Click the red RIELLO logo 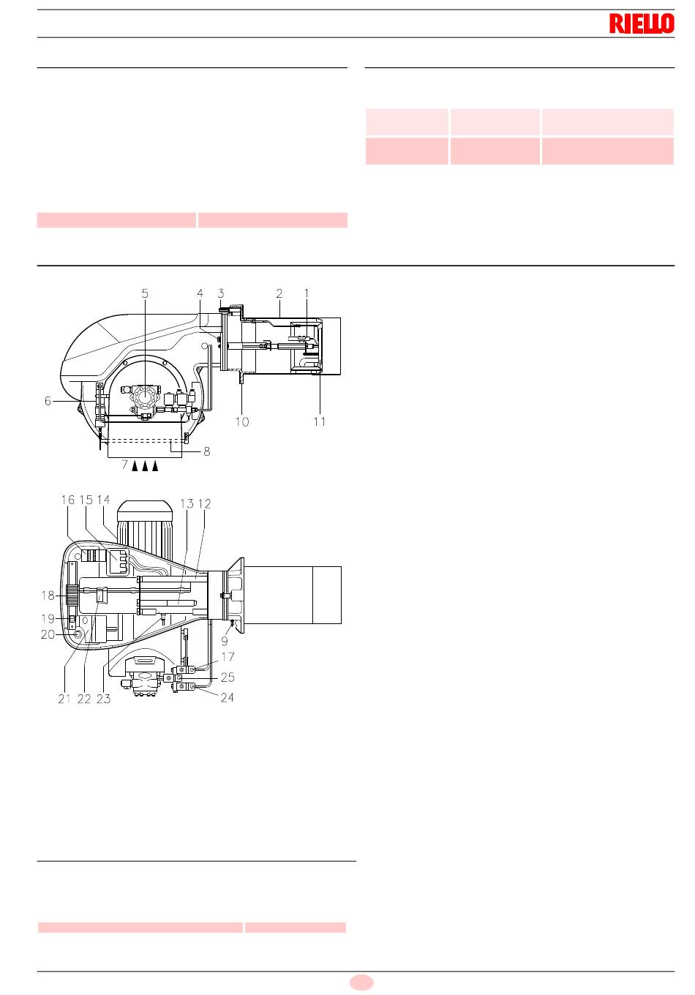click(x=642, y=23)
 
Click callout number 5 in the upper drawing click(x=145, y=293)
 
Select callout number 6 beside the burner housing click(x=48, y=401)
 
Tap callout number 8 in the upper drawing click(x=206, y=451)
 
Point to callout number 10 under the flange click(x=242, y=421)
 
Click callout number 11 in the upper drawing click(x=320, y=421)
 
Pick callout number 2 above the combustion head click(x=279, y=293)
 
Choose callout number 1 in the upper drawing click(x=307, y=293)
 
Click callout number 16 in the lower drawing click(x=68, y=500)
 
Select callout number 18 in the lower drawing click(x=48, y=596)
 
